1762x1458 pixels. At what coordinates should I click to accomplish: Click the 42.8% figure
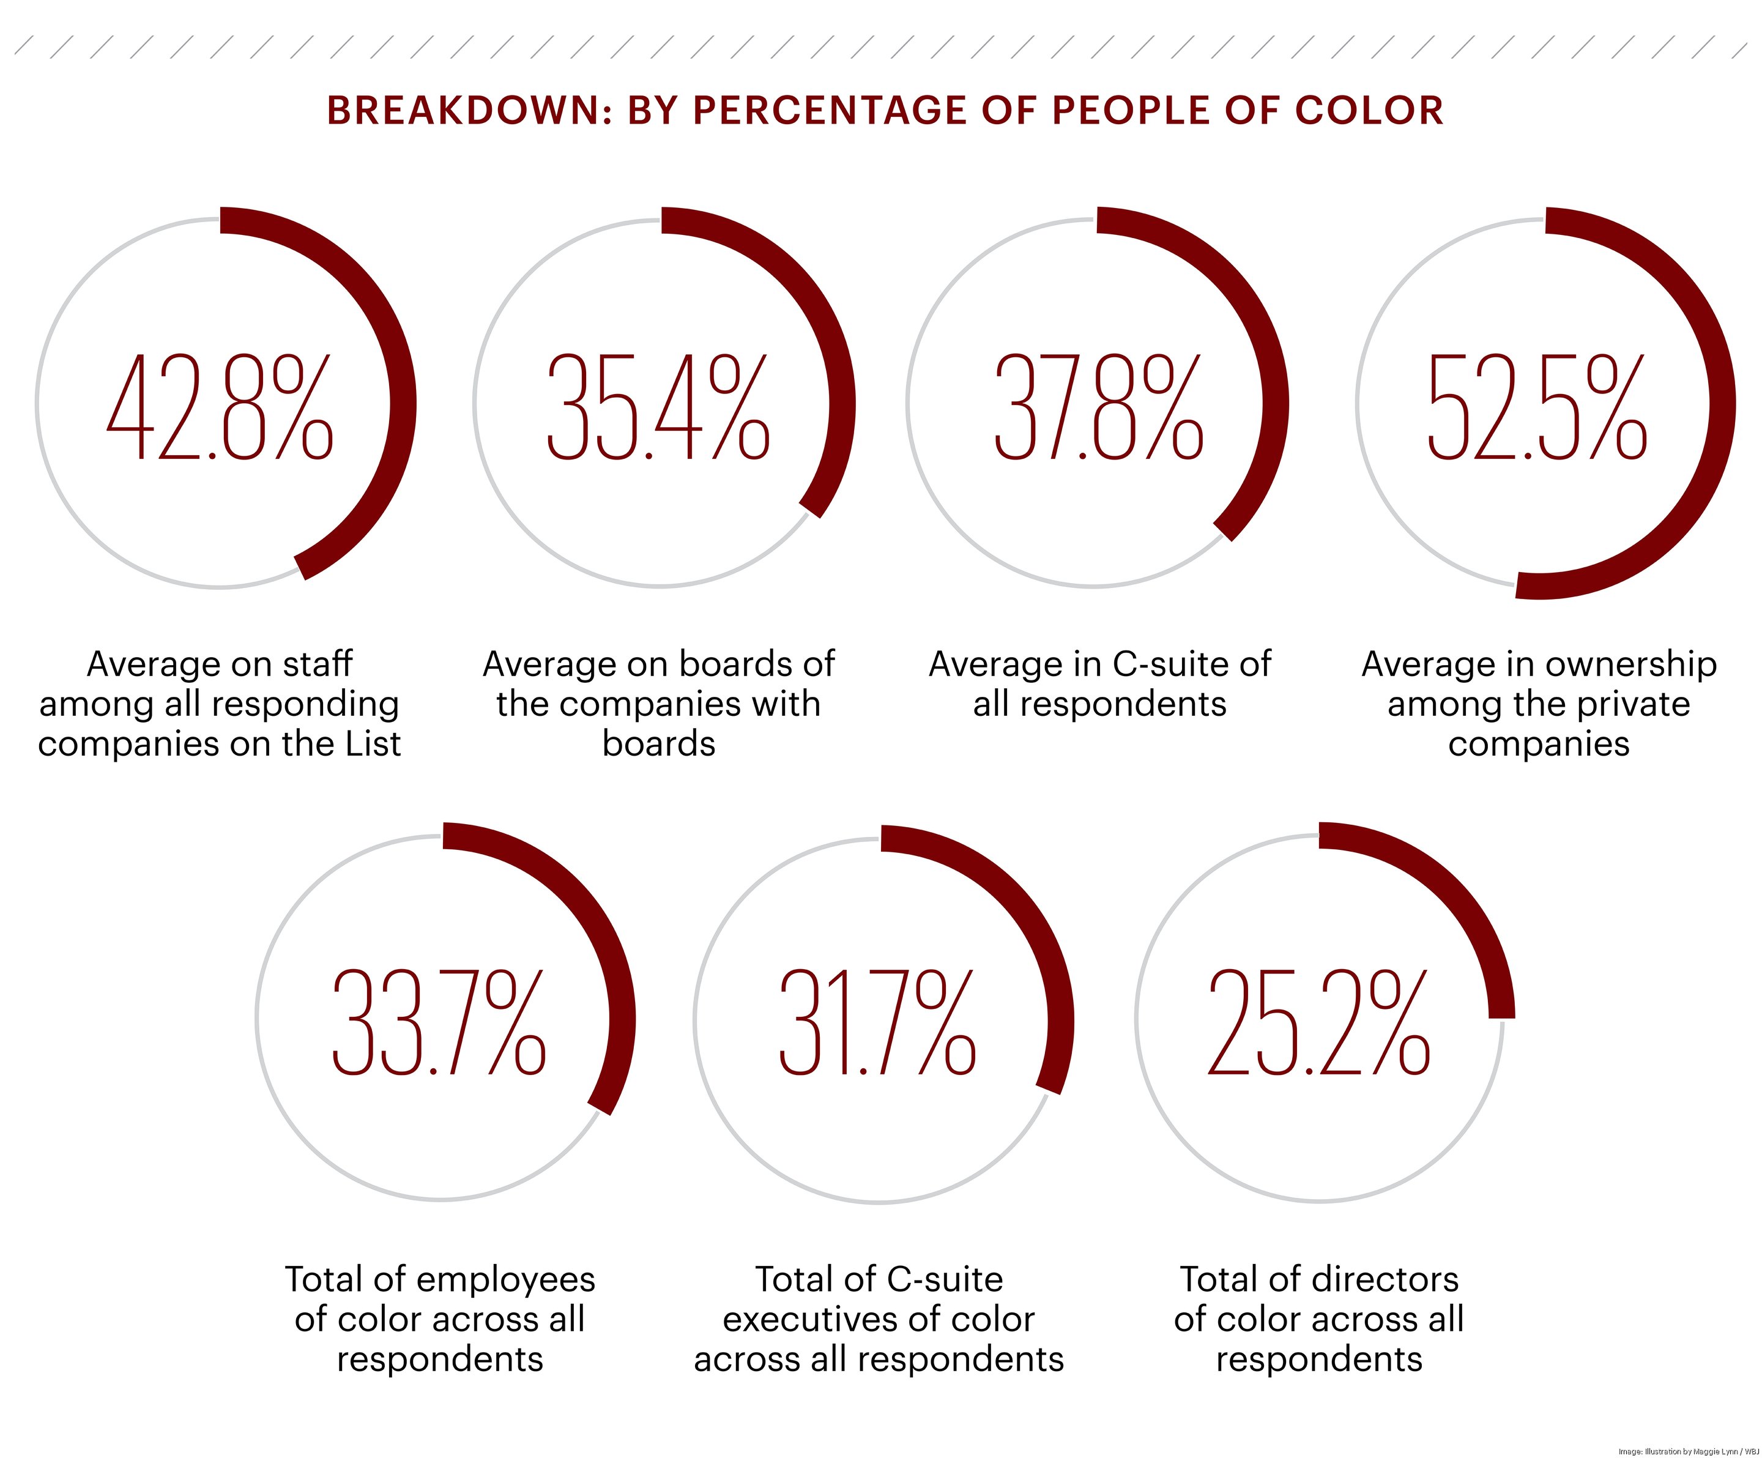point(220,407)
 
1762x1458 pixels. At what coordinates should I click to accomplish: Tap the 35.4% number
point(658,407)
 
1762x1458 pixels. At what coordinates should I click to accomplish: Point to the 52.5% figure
point(1537,407)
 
